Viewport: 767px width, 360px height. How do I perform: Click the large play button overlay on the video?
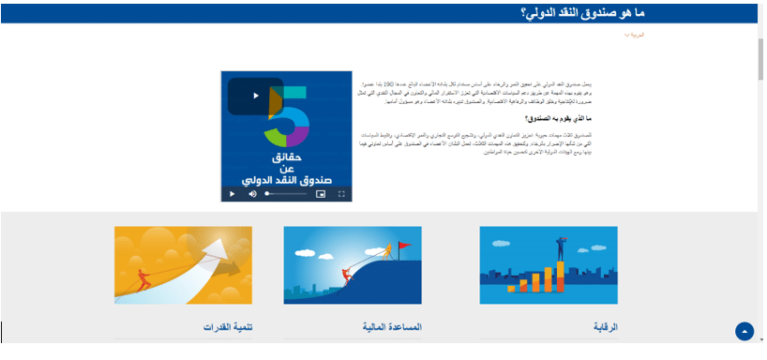click(255, 96)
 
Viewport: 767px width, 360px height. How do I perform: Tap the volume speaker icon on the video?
click(252, 194)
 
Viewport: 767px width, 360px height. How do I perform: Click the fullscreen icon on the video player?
click(341, 194)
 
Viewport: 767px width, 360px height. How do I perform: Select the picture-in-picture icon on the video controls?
click(320, 194)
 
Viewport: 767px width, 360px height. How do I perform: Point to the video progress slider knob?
click(267, 194)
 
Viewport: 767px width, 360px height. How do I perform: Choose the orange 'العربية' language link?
click(635, 35)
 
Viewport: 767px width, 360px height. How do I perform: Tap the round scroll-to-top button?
click(744, 331)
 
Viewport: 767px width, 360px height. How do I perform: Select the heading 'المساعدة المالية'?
click(392, 327)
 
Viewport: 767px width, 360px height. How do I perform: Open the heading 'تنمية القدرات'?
click(229, 327)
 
